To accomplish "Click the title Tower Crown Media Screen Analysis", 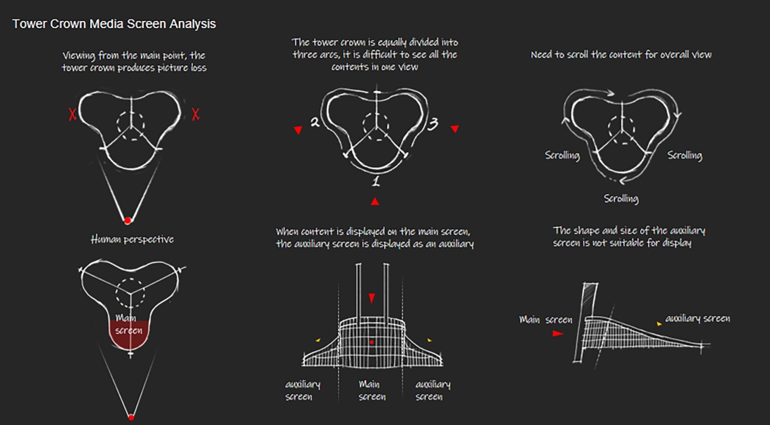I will [114, 24].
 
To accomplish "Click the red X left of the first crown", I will [72, 114].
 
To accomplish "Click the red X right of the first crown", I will [196, 114].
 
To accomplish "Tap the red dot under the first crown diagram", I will [128, 221].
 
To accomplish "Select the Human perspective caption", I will [132, 240].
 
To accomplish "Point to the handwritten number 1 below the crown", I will [376, 182].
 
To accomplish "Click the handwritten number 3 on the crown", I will [433, 124].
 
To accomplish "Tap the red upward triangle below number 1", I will [375, 202].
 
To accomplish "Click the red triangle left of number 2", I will [298, 130].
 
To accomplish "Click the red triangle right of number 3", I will [454, 129].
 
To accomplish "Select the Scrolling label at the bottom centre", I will [621, 198].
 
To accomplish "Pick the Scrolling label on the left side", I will [562, 155].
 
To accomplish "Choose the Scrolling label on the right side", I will [684, 155].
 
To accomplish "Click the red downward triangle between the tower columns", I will [372, 299].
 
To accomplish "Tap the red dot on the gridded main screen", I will [372, 342].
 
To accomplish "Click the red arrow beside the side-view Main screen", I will [558, 334].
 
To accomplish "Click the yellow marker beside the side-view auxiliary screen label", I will [658, 323].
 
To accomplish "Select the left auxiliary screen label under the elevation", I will [303, 391].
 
